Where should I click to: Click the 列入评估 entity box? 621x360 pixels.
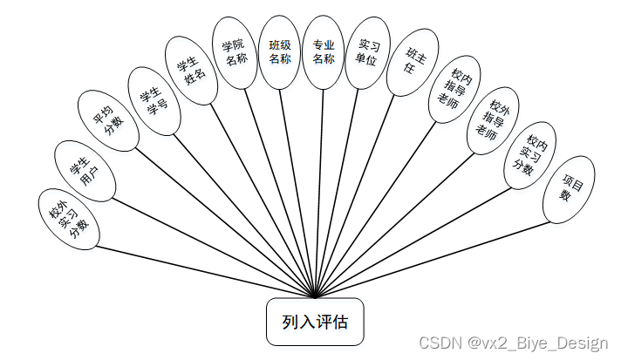coord(315,322)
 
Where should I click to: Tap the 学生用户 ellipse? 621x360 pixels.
coord(83,169)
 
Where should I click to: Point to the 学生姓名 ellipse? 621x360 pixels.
coord(193,71)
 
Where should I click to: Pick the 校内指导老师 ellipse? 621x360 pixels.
coord(455,92)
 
